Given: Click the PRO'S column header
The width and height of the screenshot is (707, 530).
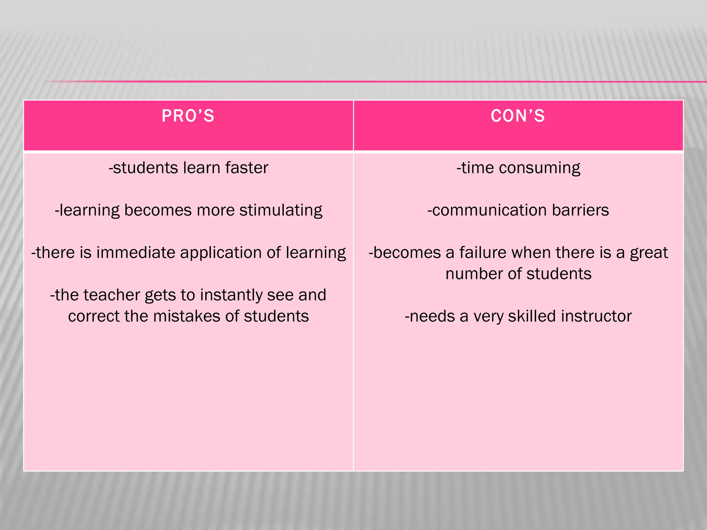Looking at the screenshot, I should [188, 116].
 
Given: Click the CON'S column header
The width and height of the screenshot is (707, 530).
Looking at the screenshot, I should [518, 116].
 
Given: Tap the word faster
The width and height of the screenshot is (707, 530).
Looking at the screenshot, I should [246, 168].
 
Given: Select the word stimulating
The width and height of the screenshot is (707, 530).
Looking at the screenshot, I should [281, 210].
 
